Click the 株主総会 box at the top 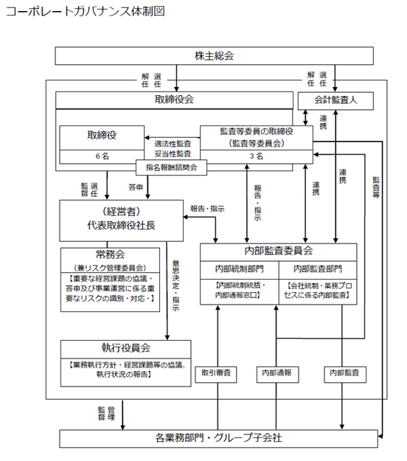tap(214, 55)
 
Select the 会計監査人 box tap(335, 101)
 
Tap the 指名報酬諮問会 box tap(171, 167)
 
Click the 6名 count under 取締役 tap(102, 156)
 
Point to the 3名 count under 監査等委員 tap(257, 156)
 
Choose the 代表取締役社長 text tap(121, 226)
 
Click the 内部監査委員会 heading tap(278, 251)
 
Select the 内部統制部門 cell tap(239, 269)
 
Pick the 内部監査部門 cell tap(318, 269)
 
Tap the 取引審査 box tap(216, 374)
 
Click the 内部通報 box tap(277, 374)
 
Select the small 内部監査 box tap(345, 374)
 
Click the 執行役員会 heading tap(126, 348)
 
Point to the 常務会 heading tap(110, 254)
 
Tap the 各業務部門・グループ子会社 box tap(219, 438)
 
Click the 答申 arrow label tap(136, 187)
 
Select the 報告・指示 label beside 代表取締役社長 tap(207, 209)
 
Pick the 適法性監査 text tap(173, 144)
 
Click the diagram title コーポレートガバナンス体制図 tap(86, 11)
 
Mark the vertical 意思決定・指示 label tap(175, 285)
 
